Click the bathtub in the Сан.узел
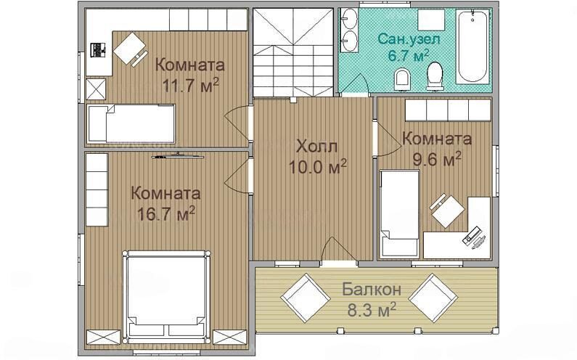(x=473, y=46)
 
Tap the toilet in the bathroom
(x=435, y=75)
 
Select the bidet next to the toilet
(x=402, y=79)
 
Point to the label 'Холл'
(x=317, y=147)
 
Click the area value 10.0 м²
(x=318, y=168)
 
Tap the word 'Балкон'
(x=372, y=290)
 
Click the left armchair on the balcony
(x=306, y=298)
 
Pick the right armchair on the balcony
(x=433, y=298)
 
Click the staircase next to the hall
(x=293, y=52)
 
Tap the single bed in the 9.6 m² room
(x=399, y=213)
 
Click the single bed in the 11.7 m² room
(x=131, y=123)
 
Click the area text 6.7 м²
(x=409, y=56)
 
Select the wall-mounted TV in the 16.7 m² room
(x=178, y=156)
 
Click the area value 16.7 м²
(x=165, y=214)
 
